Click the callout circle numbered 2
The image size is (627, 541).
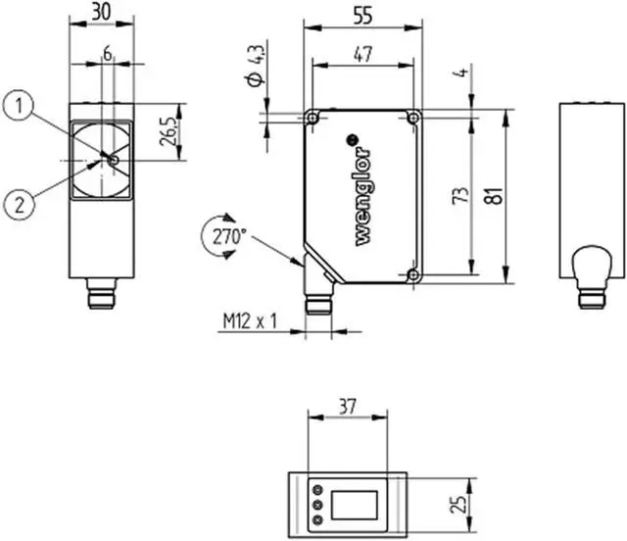[x=19, y=204]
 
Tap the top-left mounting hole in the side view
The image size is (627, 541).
[x=313, y=118]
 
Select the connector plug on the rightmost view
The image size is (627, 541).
[x=590, y=274]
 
